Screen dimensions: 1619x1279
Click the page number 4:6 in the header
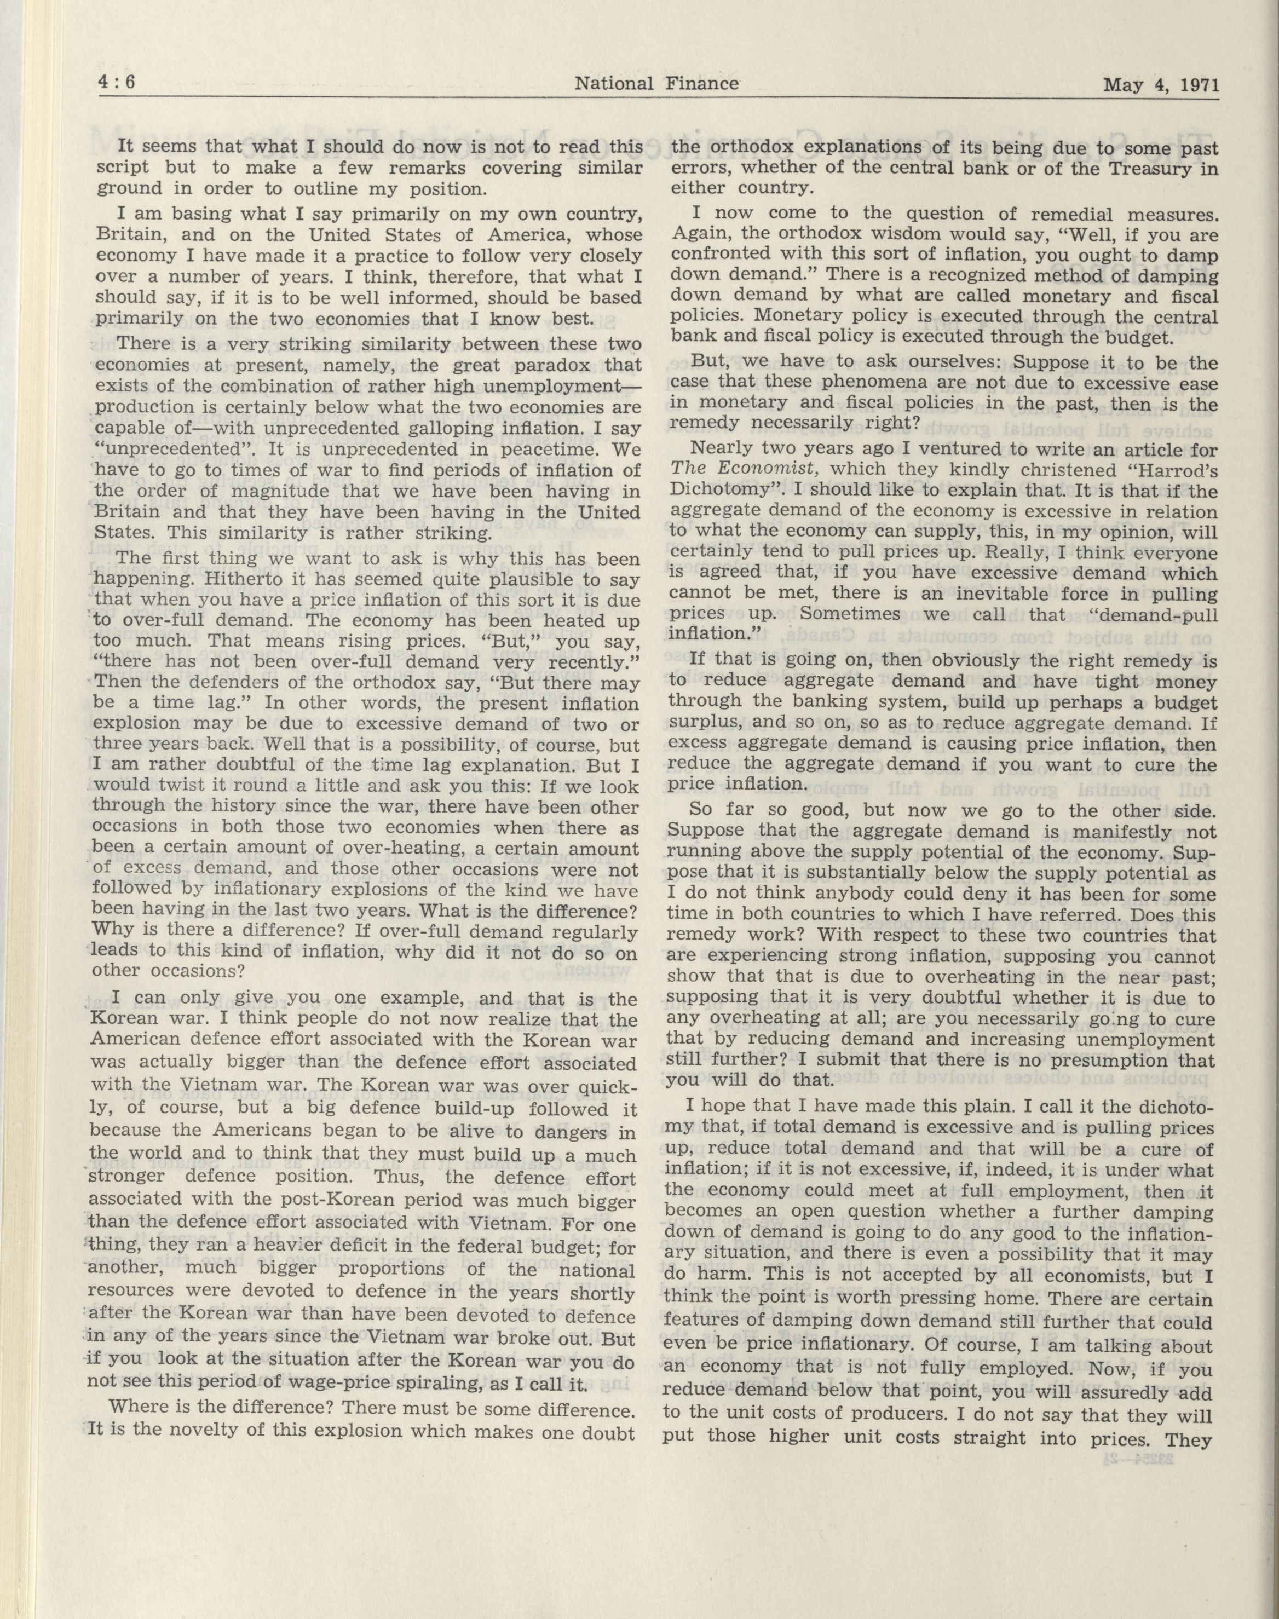[116, 83]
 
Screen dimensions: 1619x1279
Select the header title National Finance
[656, 84]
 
